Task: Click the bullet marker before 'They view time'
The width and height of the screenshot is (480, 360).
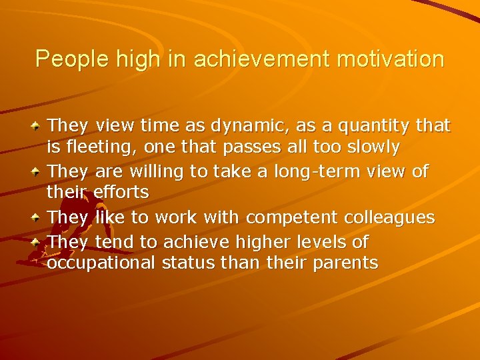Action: point(38,125)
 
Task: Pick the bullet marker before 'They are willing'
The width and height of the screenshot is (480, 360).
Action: point(38,171)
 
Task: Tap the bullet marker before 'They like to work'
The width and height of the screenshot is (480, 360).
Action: point(38,217)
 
